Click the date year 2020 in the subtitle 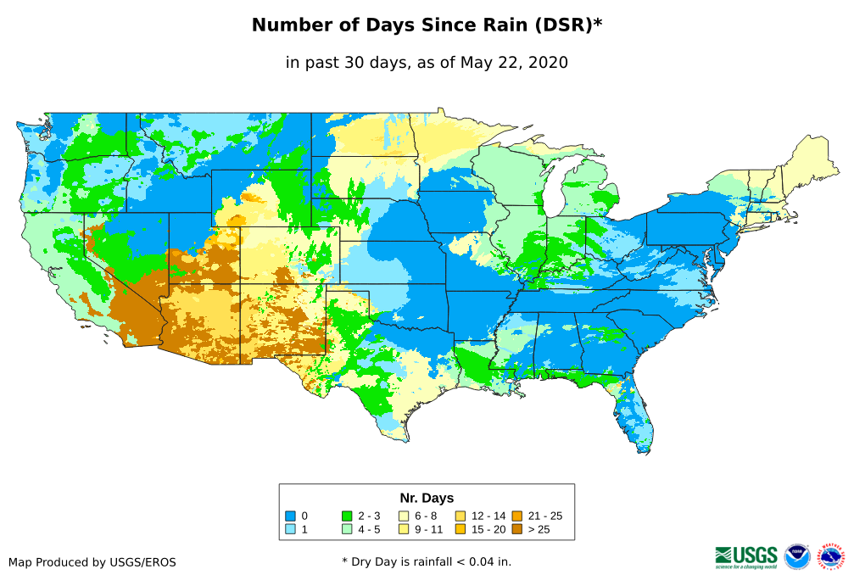coord(549,62)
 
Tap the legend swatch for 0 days coord(290,516)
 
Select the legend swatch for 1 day coord(290,530)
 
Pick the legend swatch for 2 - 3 coord(347,516)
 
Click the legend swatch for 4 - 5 coord(347,530)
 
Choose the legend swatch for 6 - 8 coord(404,516)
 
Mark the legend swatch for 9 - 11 coord(404,530)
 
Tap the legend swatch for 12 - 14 coord(460,516)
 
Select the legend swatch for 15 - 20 coord(460,530)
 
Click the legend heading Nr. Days coord(427,498)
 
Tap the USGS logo coord(746,556)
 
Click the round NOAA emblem coord(797,556)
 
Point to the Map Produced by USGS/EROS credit coord(92,562)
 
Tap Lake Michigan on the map coord(551,191)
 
